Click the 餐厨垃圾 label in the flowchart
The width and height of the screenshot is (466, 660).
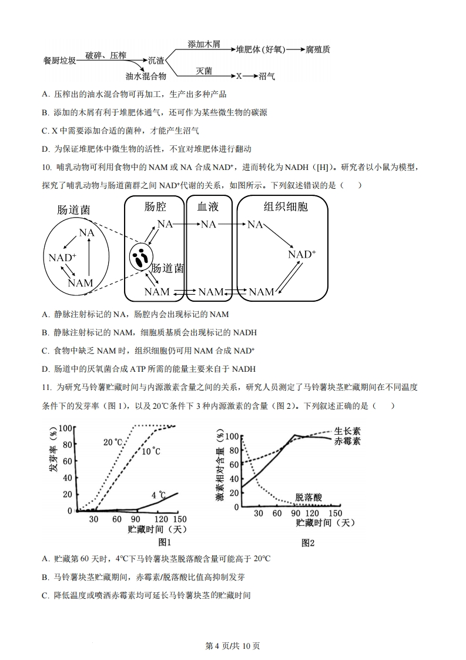coord(59,61)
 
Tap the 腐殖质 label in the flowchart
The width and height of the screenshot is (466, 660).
coord(318,49)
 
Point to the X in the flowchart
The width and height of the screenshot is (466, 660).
coord(239,76)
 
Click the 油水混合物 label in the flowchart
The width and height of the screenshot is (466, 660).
coord(146,76)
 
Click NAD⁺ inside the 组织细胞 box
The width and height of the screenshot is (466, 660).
coord(301,254)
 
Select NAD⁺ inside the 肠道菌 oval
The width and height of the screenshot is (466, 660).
coord(62,258)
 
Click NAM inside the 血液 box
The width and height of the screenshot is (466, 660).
coord(210,292)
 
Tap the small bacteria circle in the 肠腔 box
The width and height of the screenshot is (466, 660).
coord(141,258)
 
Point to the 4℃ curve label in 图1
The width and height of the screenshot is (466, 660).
coord(158,495)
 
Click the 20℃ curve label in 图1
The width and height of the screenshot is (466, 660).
coord(113,442)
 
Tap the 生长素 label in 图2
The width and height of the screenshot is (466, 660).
coord(347,431)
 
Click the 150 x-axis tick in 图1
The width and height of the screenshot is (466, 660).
coord(179,519)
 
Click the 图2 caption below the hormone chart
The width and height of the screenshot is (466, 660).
coord(308,543)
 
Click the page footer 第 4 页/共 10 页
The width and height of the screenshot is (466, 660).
coord(233,645)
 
